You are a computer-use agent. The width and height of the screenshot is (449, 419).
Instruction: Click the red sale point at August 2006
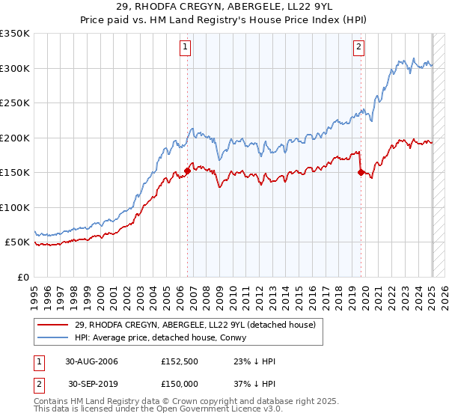click(x=187, y=171)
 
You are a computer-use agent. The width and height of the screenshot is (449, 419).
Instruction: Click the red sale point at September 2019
click(x=361, y=173)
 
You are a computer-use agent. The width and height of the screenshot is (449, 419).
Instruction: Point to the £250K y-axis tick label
click(x=16, y=103)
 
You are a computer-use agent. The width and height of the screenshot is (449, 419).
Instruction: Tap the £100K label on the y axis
click(x=16, y=207)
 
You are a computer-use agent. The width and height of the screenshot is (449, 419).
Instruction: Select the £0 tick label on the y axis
click(x=23, y=277)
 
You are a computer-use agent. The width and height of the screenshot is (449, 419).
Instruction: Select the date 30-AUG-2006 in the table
click(x=91, y=361)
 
